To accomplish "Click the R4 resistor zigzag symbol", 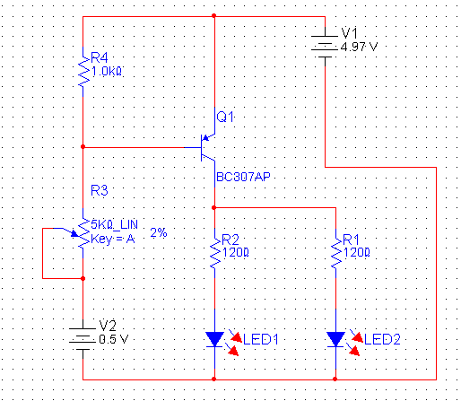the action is point(83,72).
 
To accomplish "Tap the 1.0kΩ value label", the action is point(107,72).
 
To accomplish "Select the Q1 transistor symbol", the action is point(207,147).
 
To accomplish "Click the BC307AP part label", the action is point(243,177).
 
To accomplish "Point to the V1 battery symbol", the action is point(325,47).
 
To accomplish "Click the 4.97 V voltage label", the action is point(359,47).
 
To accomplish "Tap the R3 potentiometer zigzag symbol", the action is point(83,233).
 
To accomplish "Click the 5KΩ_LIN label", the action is point(114,224).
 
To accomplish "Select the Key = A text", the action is point(113,239).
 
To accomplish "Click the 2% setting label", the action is point(159,232).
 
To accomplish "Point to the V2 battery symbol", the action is point(83,339).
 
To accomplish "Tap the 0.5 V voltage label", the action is point(114,339).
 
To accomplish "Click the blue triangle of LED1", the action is point(214,338).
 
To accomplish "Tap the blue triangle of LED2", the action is point(335,338).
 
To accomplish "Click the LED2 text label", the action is point(382,339).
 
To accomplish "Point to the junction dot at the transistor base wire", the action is point(83,147).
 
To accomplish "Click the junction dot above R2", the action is point(213,207).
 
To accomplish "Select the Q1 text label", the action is point(225,117).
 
